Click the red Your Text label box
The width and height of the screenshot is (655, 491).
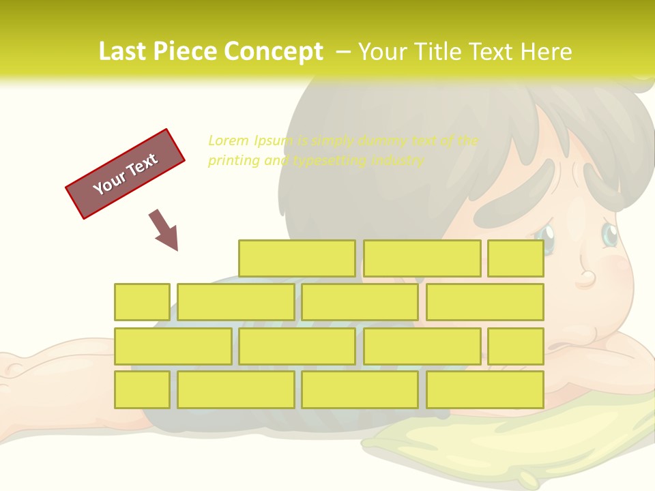point(126,173)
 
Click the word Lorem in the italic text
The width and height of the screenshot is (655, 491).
point(229,140)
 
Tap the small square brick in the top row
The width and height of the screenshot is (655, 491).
point(516,258)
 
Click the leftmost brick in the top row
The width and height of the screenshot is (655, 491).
point(297,258)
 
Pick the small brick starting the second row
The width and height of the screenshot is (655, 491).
point(142,302)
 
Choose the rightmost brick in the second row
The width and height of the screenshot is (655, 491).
point(485,302)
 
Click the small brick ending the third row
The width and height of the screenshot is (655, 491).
point(516,346)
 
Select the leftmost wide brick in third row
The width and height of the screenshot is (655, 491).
point(173,346)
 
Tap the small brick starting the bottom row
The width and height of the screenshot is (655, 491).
point(142,389)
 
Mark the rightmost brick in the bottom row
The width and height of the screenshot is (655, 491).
point(485,389)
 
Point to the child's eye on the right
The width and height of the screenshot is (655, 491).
point(609,235)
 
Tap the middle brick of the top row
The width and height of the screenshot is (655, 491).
point(422,258)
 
